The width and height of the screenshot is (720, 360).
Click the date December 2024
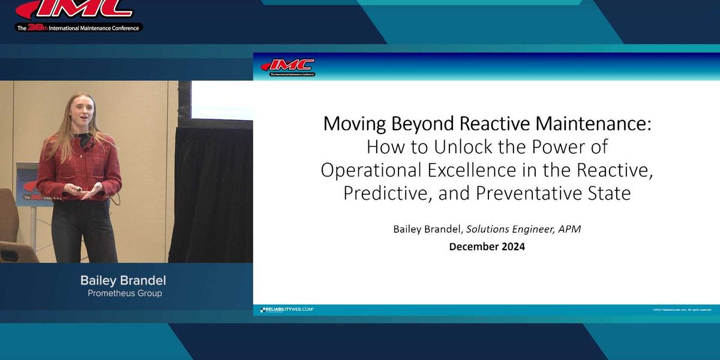pyautogui.click(x=487, y=247)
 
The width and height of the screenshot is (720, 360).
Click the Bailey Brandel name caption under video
pyautogui.click(x=123, y=280)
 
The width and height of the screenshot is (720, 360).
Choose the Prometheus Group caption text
pyautogui.click(x=125, y=293)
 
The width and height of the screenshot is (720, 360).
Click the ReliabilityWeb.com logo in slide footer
pyautogui.click(x=287, y=310)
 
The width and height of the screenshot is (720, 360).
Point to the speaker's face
pyautogui.click(x=82, y=110)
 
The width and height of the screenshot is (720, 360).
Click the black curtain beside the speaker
pyautogui.click(x=210, y=192)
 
